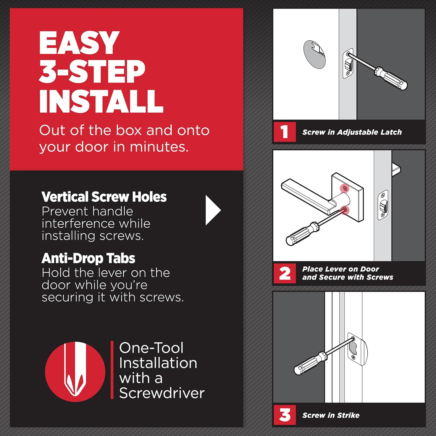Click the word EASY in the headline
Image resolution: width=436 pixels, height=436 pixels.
click(x=79, y=43)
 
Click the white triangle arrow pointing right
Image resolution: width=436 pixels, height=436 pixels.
click(x=213, y=210)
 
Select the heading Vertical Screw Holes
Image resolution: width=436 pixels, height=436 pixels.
click(x=104, y=197)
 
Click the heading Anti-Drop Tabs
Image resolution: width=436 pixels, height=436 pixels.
click(x=88, y=258)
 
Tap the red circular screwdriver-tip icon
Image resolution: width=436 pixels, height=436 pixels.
click(x=75, y=372)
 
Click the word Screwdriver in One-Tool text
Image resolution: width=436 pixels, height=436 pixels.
click(x=162, y=393)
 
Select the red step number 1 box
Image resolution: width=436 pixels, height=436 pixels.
click(x=285, y=132)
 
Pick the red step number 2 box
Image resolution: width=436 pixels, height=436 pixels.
click(x=285, y=273)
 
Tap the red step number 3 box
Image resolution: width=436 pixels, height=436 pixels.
click(x=285, y=415)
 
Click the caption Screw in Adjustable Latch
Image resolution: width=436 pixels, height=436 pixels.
click(x=352, y=132)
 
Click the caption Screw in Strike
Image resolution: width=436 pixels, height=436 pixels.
click(x=331, y=415)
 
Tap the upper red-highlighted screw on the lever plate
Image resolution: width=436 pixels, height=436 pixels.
click(x=345, y=189)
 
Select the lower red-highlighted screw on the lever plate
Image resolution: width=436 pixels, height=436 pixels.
click(x=345, y=210)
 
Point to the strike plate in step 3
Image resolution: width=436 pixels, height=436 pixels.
click(x=357, y=349)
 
